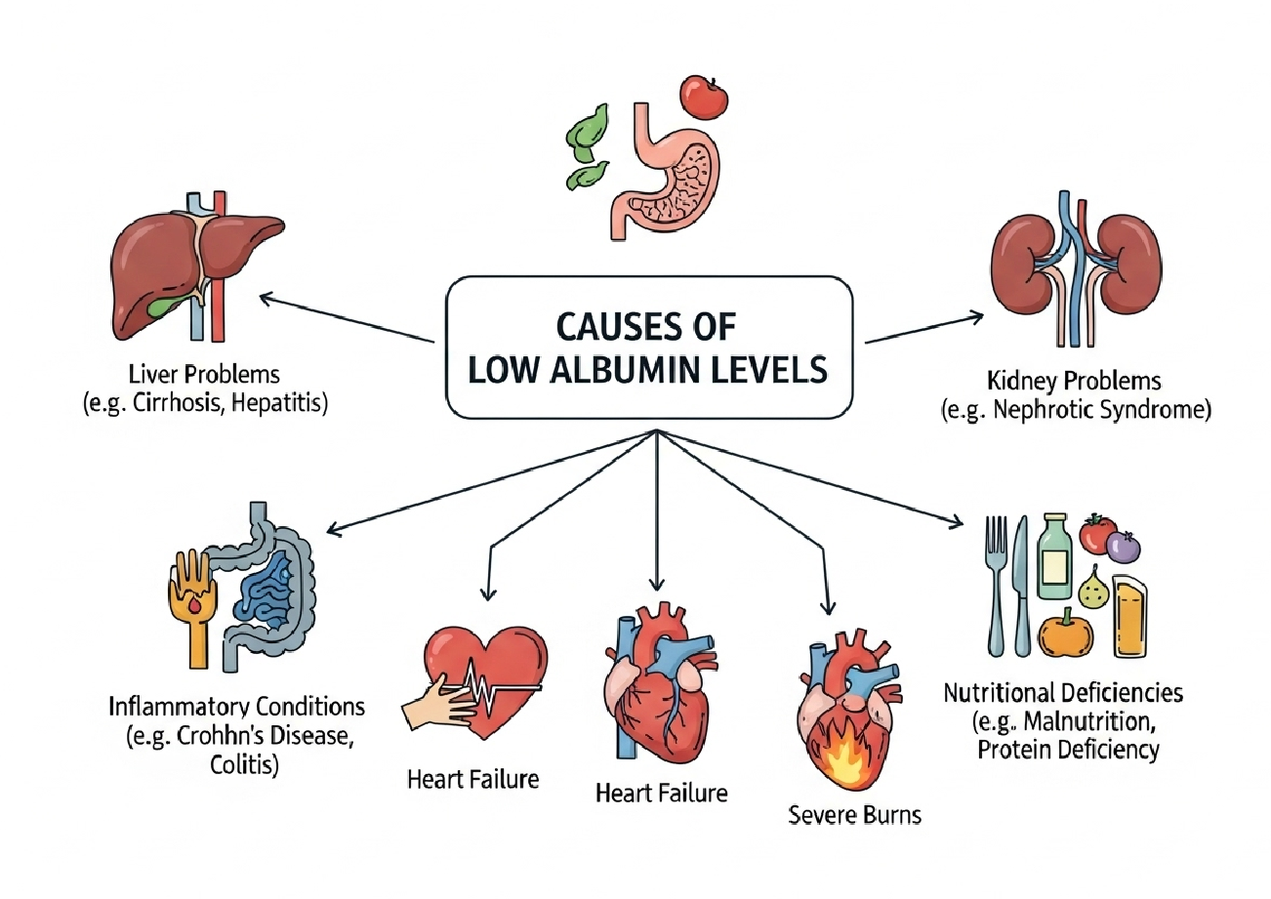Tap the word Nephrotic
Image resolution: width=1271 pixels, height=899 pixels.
(x=1059, y=410)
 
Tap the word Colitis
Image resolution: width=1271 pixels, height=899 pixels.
(x=244, y=763)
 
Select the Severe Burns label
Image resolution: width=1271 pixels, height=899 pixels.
(x=854, y=813)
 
